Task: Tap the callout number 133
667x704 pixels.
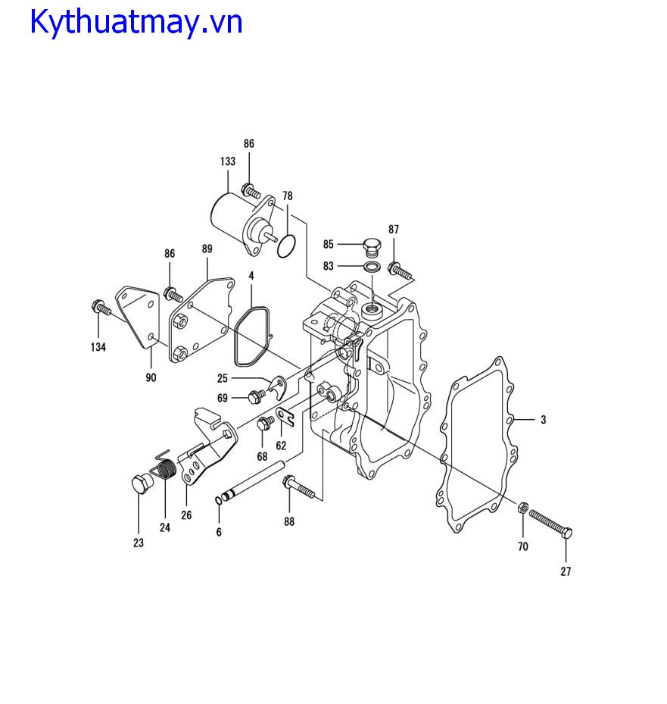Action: click(x=228, y=161)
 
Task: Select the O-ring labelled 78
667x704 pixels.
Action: click(x=287, y=246)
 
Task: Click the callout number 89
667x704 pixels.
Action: click(x=207, y=249)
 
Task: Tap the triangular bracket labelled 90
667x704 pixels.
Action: click(x=138, y=315)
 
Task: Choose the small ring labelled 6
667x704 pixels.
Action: click(x=219, y=500)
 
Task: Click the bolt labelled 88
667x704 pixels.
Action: click(x=299, y=487)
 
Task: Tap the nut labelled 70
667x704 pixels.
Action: click(x=522, y=508)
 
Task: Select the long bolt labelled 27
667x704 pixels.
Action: click(x=550, y=523)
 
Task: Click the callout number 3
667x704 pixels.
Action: click(x=543, y=420)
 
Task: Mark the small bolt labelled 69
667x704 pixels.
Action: click(x=257, y=396)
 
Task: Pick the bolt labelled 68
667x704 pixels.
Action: click(x=265, y=423)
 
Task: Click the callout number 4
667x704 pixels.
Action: click(x=251, y=276)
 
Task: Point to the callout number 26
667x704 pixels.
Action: click(x=186, y=515)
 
